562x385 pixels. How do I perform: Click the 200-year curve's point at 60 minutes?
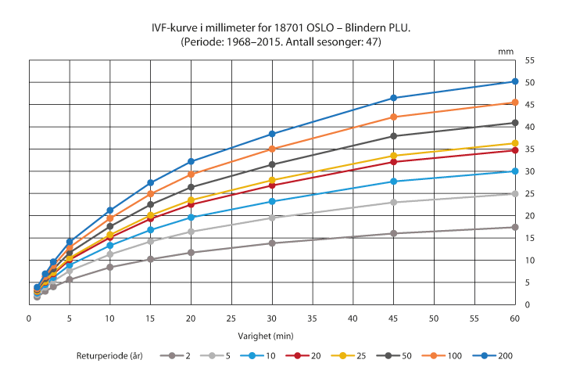pyautogui.click(x=515, y=81)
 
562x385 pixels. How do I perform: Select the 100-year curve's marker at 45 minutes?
pyautogui.click(x=394, y=117)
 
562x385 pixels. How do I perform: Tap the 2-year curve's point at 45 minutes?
pyautogui.click(x=394, y=233)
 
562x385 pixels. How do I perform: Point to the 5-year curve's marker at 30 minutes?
pyautogui.click(x=272, y=218)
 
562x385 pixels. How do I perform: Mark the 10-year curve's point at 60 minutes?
pyautogui.click(x=515, y=171)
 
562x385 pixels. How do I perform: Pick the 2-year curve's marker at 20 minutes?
pyautogui.click(x=191, y=252)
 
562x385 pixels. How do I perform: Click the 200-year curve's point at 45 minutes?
pyautogui.click(x=394, y=98)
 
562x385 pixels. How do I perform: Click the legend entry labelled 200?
pyautogui.click(x=491, y=356)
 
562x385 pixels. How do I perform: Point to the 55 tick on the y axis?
pyautogui.click(x=530, y=60)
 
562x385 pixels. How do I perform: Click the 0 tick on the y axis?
pyautogui.click(x=528, y=304)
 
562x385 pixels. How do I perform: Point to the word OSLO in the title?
pyautogui.click(x=301, y=29)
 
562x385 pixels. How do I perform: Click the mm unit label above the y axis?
pyautogui.click(x=507, y=50)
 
